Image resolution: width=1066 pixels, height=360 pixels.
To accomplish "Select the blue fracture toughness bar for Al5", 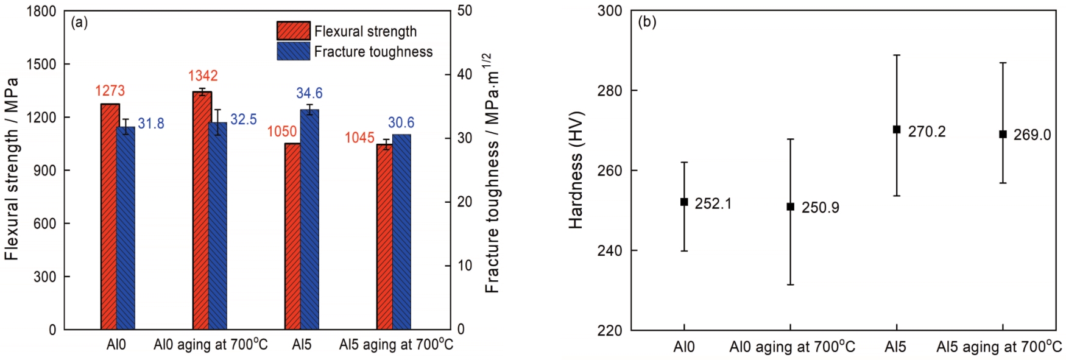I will click(310, 219).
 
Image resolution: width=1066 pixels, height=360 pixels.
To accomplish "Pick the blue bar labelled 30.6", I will click(402, 231).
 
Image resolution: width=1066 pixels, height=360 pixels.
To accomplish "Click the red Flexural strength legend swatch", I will click(294, 30).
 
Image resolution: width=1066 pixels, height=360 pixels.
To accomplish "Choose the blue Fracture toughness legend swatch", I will click(294, 51).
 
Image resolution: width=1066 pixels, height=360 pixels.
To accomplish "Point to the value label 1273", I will click(110, 91).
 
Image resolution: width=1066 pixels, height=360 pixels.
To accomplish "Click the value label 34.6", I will click(309, 93).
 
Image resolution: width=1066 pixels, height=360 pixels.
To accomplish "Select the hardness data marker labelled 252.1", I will click(684, 202).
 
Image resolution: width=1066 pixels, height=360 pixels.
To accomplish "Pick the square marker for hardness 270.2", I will click(897, 130).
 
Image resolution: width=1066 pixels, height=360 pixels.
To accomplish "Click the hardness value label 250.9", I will click(820, 208).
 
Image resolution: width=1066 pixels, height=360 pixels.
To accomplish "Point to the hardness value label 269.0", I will click(1032, 135).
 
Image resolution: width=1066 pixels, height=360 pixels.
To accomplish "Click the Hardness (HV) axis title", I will click(576, 170).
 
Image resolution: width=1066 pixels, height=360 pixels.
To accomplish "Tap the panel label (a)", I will click(79, 23).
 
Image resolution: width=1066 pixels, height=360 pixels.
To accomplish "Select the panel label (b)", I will click(647, 23).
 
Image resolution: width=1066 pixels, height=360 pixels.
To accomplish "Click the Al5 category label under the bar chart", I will click(302, 345).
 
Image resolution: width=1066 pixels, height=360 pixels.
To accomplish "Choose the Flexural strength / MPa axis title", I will click(12, 169).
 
